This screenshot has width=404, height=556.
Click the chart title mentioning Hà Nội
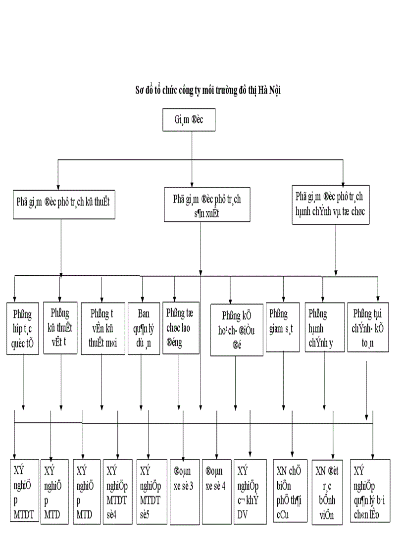211,91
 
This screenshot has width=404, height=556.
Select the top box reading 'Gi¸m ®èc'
189,120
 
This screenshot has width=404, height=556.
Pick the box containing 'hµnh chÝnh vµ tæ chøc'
330,203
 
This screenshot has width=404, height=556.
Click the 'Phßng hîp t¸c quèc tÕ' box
23,327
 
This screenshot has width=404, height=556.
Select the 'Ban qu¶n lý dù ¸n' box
142,327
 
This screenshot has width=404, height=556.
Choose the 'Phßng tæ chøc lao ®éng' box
180,327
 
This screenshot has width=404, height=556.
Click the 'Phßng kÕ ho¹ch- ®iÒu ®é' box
236,329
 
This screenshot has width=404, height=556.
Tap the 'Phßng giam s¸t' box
283,326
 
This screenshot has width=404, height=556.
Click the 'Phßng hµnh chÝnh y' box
323,326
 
